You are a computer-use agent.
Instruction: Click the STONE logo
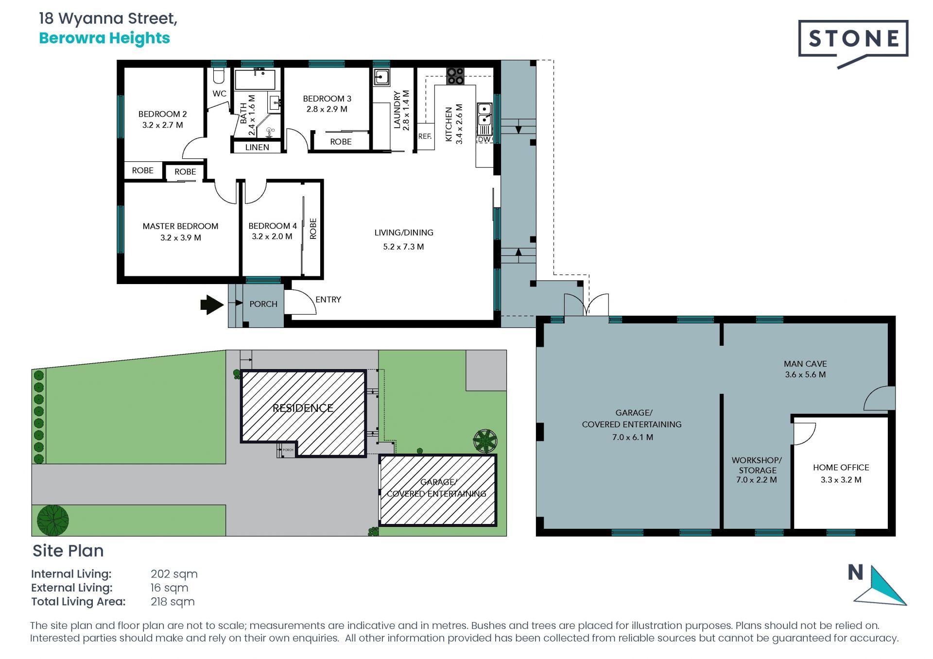tap(853, 43)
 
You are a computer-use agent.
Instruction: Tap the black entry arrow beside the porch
tap(212, 304)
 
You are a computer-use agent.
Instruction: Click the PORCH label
tap(263, 304)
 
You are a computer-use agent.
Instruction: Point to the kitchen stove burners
tap(455, 76)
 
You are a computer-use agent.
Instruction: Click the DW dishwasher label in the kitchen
tap(484, 139)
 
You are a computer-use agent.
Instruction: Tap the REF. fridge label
tap(425, 136)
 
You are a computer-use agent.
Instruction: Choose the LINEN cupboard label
tap(257, 147)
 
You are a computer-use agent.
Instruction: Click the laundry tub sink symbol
tap(381, 77)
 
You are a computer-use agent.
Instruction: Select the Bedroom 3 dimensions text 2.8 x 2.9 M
tap(327, 109)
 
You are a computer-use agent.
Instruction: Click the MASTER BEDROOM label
tap(180, 226)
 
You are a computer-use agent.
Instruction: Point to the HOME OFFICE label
tap(841, 468)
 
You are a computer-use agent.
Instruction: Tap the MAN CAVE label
tap(805, 364)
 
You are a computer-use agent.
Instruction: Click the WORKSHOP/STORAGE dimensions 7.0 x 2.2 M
tap(757, 480)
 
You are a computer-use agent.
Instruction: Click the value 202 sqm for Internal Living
tap(174, 574)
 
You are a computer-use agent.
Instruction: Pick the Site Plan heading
tap(68, 551)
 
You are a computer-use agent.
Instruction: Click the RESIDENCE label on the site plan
tap(303, 408)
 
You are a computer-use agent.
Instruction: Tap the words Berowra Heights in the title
tap(104, 38)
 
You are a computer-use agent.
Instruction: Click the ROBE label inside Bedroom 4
tap(313, 228)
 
